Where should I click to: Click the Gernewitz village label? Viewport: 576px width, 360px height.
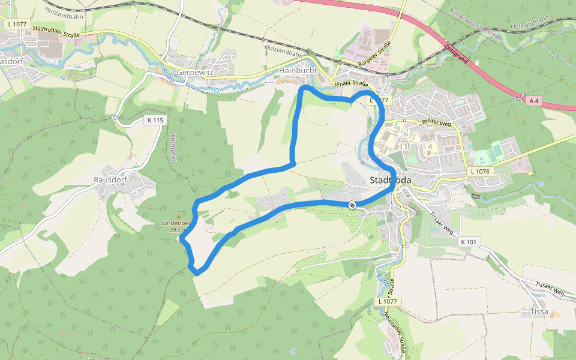[x=196, y=71]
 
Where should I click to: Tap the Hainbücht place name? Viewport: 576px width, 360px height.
[x=298, y=71]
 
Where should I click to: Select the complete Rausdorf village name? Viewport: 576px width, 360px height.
[x=110, y=180]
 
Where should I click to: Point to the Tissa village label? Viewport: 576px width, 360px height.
[x=538, y=311]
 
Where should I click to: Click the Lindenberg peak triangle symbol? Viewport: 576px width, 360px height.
[x=178, y=216]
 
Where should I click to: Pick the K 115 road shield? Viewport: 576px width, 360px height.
[x=155, y=120]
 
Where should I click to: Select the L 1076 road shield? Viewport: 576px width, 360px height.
[x=481, y=172]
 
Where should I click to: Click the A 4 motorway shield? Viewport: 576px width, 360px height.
[x=533, y=101]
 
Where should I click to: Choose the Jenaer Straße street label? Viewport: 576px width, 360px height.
[x=351, y=84]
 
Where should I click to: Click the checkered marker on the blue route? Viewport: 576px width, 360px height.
[x=352, y=206]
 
